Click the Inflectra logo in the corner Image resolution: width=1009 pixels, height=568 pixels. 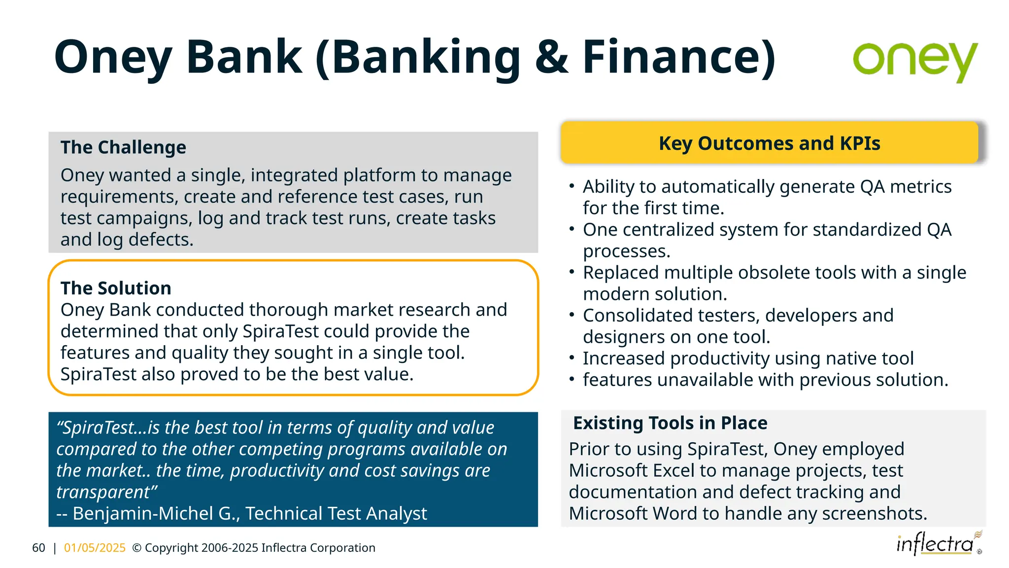[x=936, y=544]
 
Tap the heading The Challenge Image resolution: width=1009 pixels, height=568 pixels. [x=123, y=147]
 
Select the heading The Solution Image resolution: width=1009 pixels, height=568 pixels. [x=116, y=288]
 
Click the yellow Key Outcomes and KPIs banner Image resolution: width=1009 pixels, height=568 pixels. [x=769, y=143]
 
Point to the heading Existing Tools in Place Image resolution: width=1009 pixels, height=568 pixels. [x=670, y=423]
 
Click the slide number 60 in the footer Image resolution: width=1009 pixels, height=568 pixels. [x=38, y=548]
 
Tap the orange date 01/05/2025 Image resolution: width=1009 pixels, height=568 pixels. [x=95, y=548]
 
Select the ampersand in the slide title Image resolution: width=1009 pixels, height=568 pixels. [x=551, y=57]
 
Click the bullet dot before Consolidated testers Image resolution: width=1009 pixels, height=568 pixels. [x=572, y=315]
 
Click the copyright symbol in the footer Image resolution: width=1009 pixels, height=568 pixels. [x=137, y=548]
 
